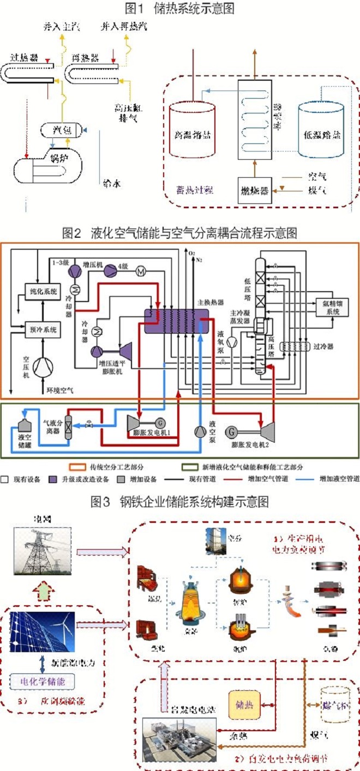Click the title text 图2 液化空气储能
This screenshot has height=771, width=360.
click(x=180, y=234)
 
